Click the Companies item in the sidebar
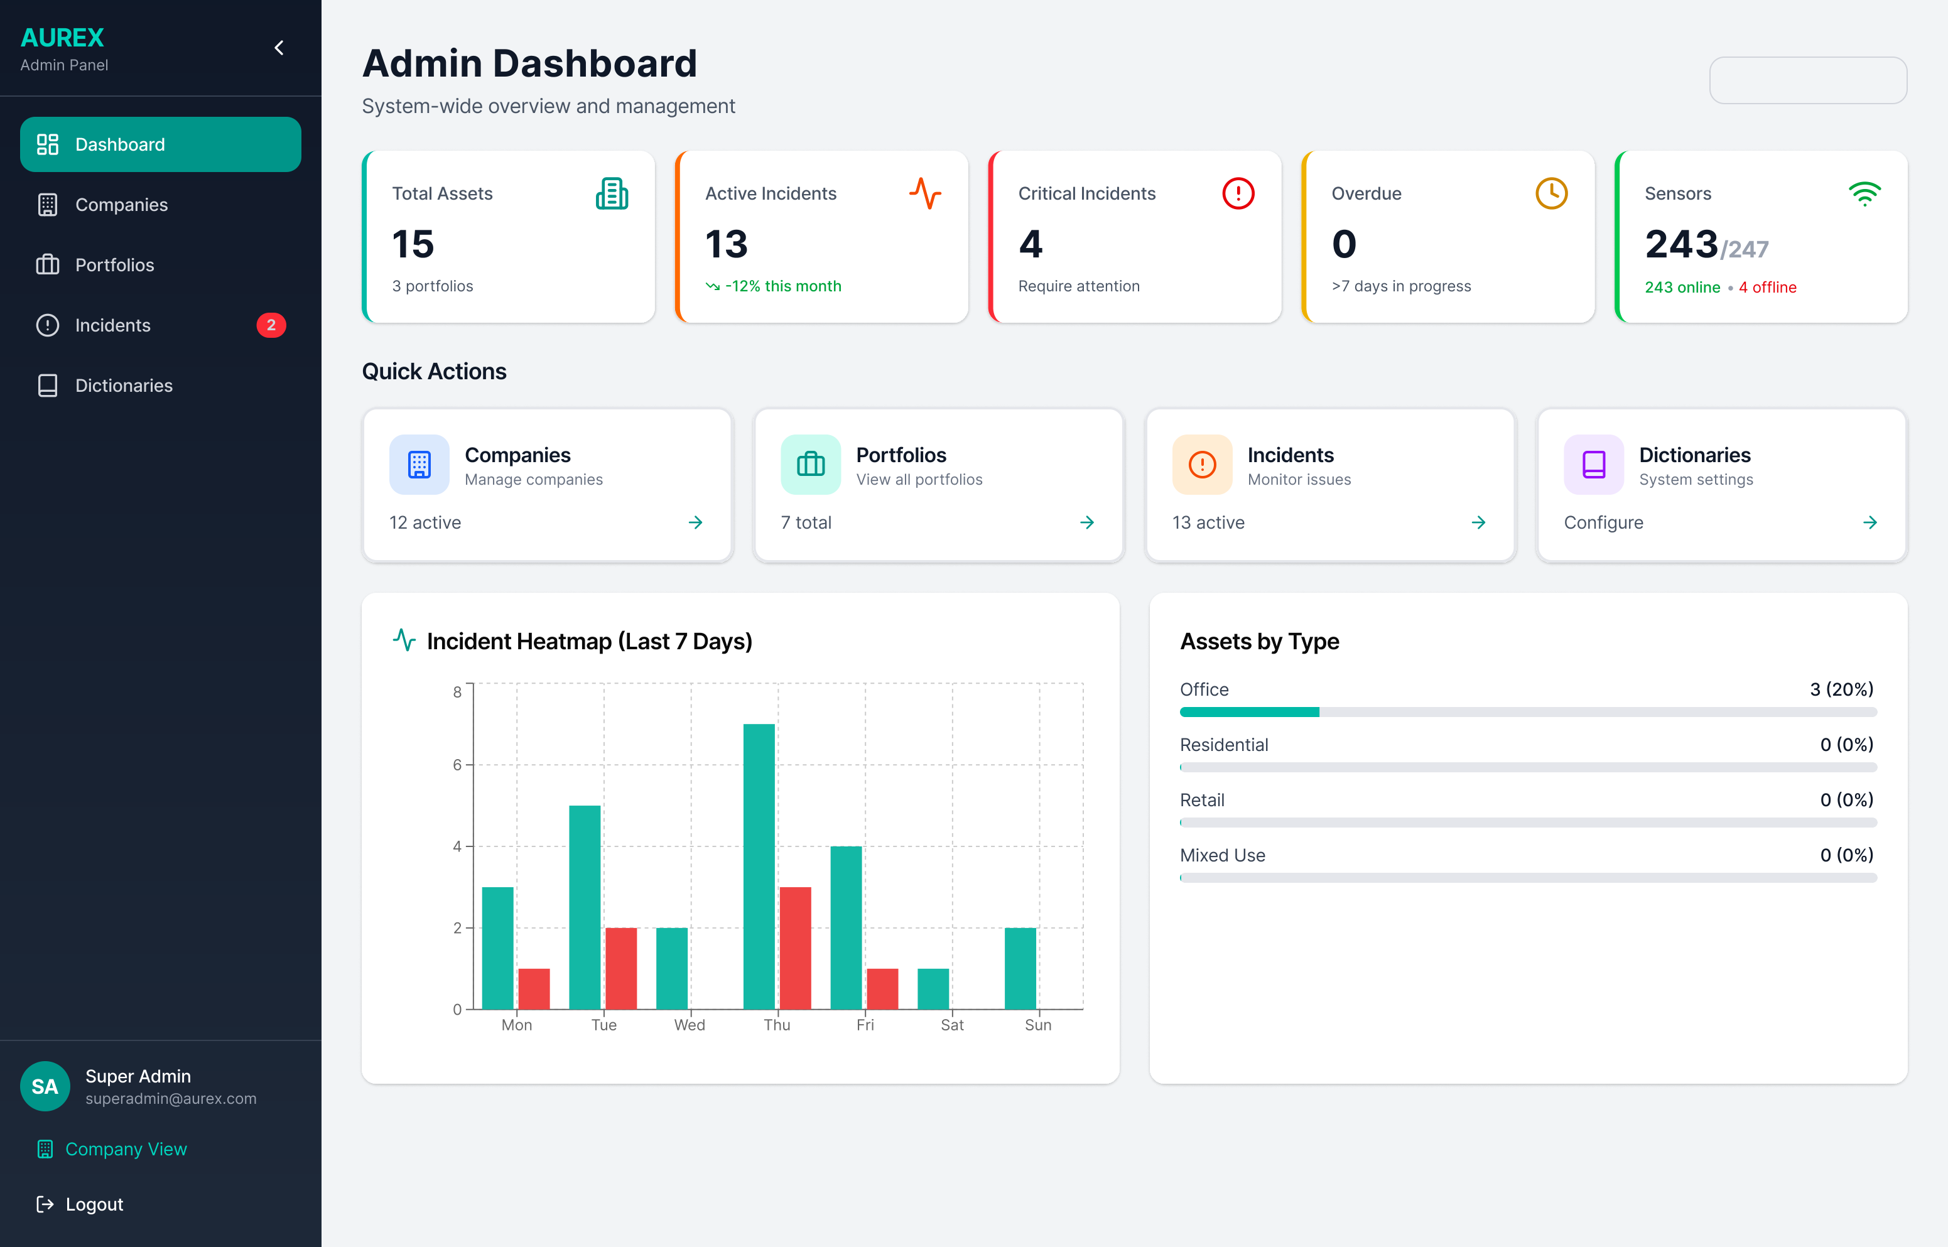(121, 205)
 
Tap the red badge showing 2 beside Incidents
(271, 325)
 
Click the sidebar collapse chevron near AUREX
(279, 48)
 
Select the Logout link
(94, 1204)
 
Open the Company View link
(126, 1149)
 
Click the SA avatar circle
(45, 1086)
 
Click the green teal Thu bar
(759, 866)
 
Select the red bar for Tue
(621, 968)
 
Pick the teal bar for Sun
(1020, 968)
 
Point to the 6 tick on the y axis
(457, 764)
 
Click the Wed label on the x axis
(690, 1025)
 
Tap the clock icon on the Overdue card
(1551, 193)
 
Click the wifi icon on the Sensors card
(1864, 193)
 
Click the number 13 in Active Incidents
(726, 244)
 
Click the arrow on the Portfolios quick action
(1087, 523)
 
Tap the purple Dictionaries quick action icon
(1593, 465)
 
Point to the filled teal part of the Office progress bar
(1249, 713)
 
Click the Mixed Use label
(1223, 856)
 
